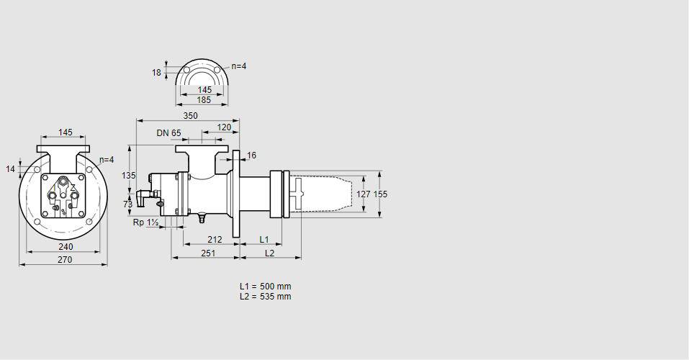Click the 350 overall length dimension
[x=190, y=115]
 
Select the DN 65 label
[x=168, y=132]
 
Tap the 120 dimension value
[x=225, y=127]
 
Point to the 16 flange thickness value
[x=251, y=156]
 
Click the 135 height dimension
[x=128, y=175]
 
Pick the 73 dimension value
[x=128, y=204]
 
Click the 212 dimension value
[x=215, y=239]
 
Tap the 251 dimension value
[x=209, y=253]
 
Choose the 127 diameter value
[x=364, y=194]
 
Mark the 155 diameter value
[x=380, y=194]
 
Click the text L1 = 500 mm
[x=265, y=287]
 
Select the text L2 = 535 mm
[x=265, y=297]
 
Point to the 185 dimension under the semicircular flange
[x=204, y=100]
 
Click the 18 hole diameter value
[x=156, y=72]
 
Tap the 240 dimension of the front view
[x=66, y=247]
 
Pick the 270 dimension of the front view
[x=65, y=260]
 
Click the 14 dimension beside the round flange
[x=10, y=168]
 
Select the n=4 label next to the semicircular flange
[x=238, y=66]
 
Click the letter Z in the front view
[x=73, y=188]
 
